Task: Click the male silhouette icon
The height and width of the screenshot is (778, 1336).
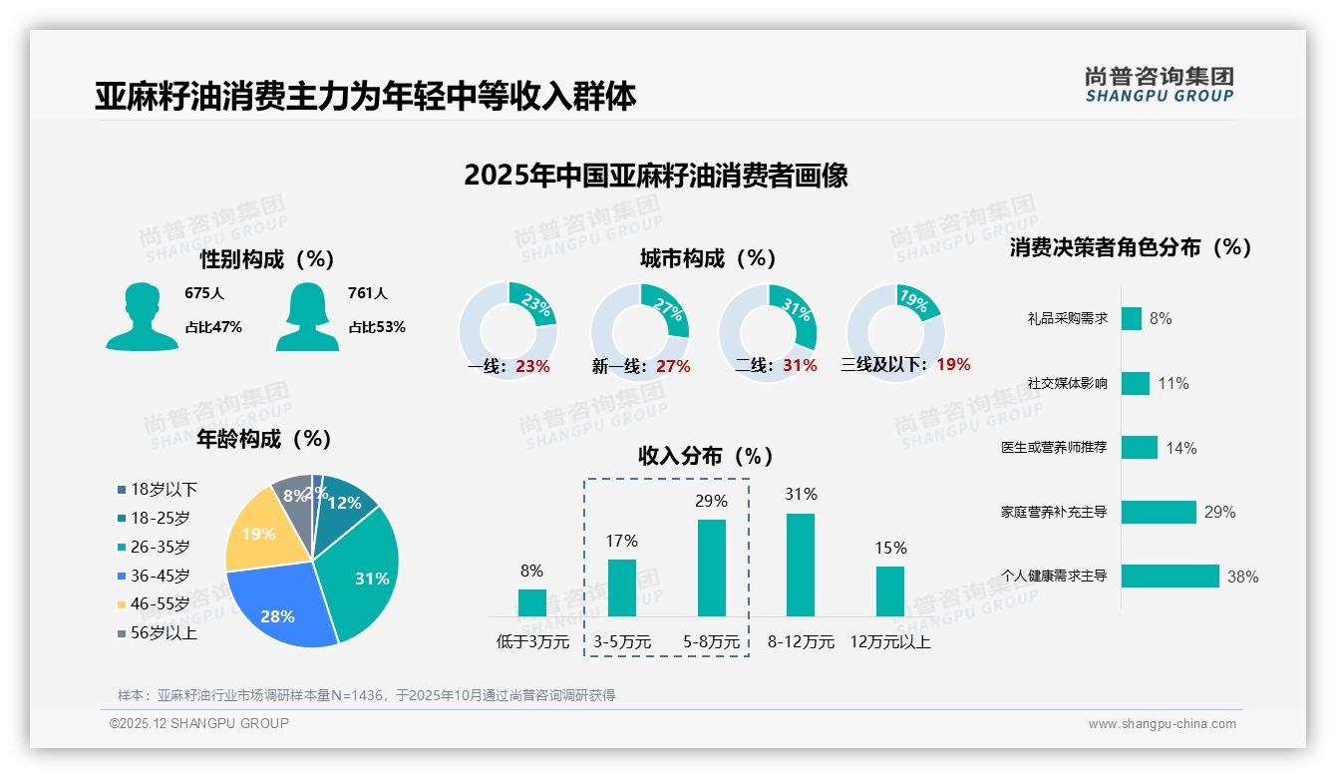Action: point(142,316)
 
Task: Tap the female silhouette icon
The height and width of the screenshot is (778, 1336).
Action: point(307,316)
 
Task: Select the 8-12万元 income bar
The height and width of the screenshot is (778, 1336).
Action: point(801,565)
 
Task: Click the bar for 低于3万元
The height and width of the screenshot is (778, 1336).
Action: point(531,602)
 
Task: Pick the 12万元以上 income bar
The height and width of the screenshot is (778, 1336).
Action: point(890,591)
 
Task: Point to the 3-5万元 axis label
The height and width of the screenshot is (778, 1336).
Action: point(622,642)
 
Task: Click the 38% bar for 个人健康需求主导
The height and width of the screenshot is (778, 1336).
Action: point(1169,577)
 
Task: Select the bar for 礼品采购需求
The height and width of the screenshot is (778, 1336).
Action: point(1131,318)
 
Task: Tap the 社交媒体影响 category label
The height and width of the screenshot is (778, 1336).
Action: point(1067,383)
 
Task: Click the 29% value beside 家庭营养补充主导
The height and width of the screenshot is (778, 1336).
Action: point(1219,512)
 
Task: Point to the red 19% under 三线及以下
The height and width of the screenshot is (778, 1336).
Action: point(953,365)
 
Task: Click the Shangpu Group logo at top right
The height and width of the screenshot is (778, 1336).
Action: point(1159,85)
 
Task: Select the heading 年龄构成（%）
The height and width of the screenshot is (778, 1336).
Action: point(263,439)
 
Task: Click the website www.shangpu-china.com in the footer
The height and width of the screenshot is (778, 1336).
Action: point(1162,724)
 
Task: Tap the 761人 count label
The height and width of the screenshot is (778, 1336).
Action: point(367,293)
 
